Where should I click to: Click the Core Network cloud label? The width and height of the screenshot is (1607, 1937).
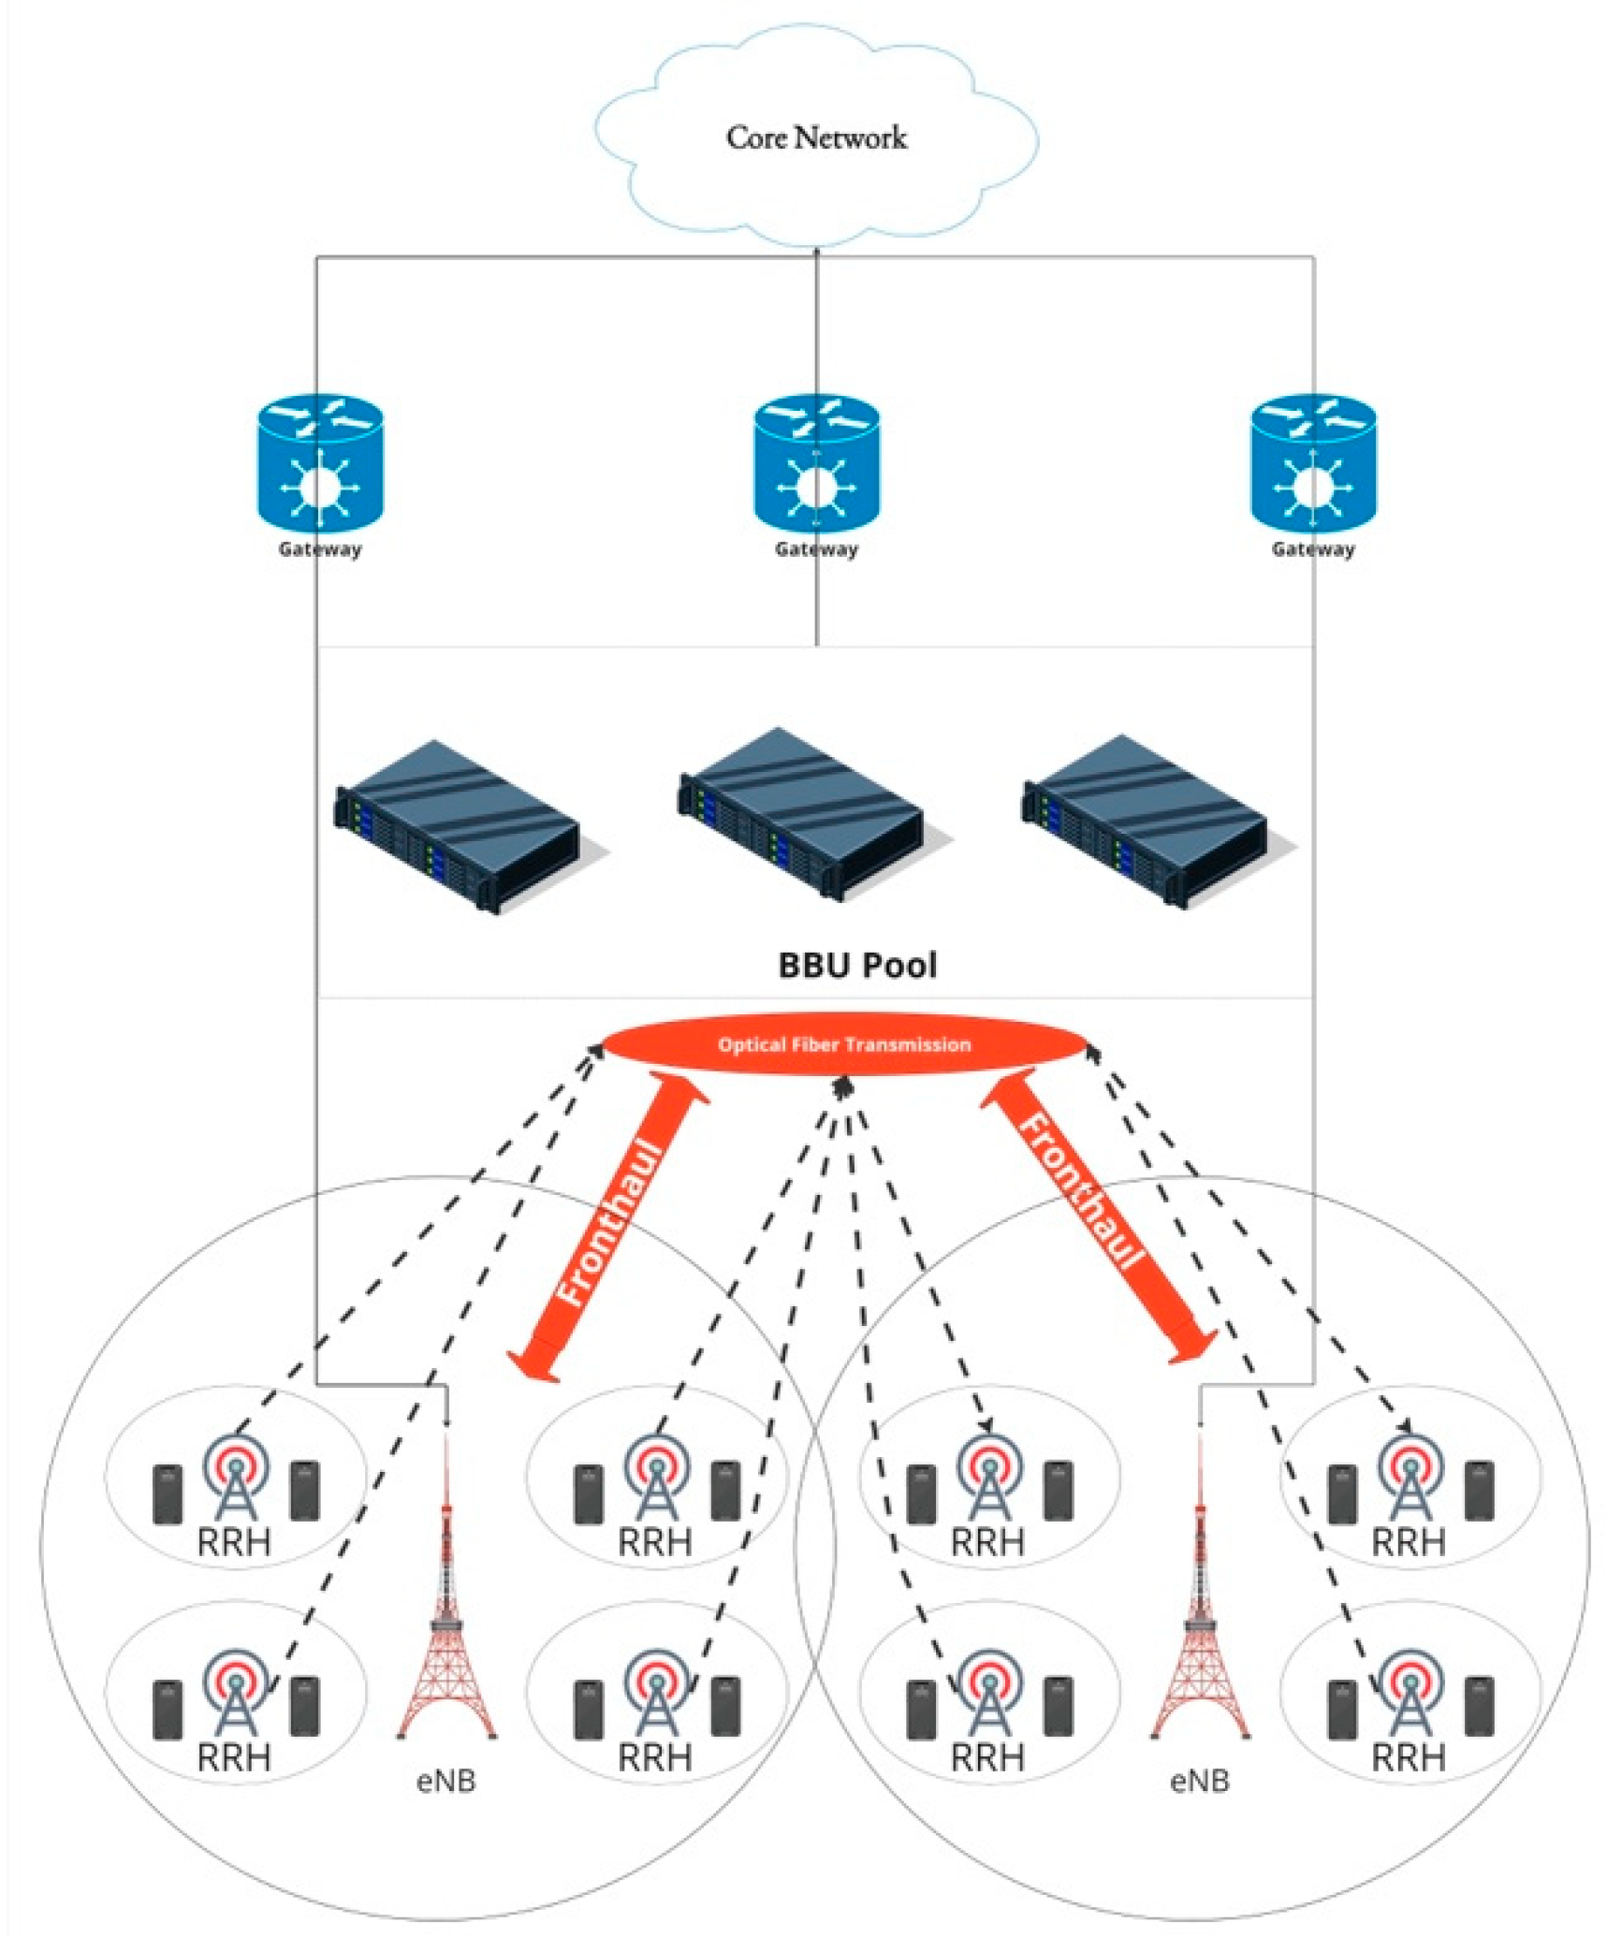(815, 138)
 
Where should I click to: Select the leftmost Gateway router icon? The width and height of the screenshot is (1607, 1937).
(320, 464)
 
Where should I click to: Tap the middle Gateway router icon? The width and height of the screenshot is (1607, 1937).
(816, 464)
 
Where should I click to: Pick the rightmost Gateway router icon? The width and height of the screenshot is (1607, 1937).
(1312, 464)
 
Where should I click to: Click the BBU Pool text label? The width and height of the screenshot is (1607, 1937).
(856, 965)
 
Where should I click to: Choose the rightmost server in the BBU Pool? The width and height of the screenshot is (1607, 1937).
(1146, 820)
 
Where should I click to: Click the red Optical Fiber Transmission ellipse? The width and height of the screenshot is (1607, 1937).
(843, 1044)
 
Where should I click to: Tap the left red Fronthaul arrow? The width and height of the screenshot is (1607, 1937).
(609, 1226)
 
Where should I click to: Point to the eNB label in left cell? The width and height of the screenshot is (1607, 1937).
(446, 1781)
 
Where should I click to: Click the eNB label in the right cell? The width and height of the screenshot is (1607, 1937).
(1199, 1781)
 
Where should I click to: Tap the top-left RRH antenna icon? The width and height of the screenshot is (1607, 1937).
(235, 1477)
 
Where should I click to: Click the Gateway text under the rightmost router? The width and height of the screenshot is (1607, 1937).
(1312, 549)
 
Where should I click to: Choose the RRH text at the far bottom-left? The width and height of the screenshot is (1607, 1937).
(234, 1756)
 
